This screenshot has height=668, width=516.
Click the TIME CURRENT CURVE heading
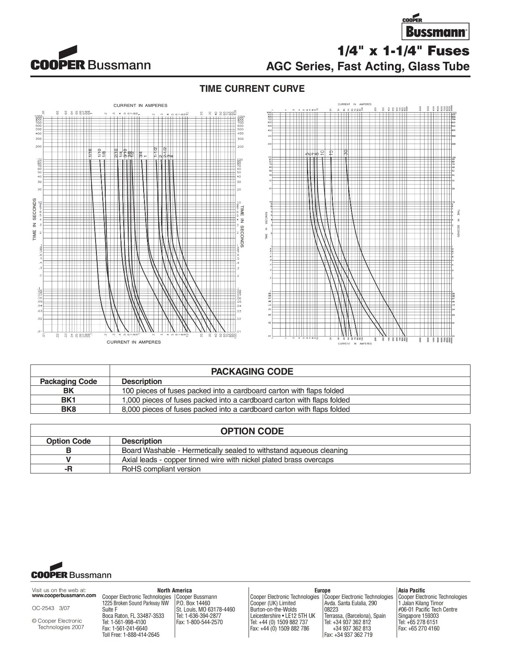[x=252, y=89]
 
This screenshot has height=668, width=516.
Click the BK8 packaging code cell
[x=68, y=409]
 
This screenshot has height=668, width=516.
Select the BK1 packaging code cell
[x=68, y=400]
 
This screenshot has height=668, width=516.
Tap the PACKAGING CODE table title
[x=252, y=372]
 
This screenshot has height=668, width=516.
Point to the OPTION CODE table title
[x=252, y=431]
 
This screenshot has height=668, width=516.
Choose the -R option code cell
[x=68, y=469]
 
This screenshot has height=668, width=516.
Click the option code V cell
[x=68, y=460]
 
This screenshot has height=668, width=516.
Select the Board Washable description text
[x=234, y=450]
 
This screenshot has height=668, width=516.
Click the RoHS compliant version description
[x=161, y=469]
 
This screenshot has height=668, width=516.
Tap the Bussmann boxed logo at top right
[x=435, y=31]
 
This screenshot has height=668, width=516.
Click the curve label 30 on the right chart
[x=346, y=152]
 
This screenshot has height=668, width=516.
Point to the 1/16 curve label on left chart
[x=90, y=153]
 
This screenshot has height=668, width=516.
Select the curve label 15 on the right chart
[x=331, y=153]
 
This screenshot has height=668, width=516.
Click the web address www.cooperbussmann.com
[x=64, y=595]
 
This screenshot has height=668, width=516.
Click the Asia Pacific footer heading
[x=411, y=590]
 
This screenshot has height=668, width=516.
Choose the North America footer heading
[x=174, y=590]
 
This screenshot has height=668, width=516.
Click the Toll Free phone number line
[x=131, y=635]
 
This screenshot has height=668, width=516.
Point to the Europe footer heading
[x=322, y=590]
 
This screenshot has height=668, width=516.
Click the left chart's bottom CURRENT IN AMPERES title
[x=134, y=342]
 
